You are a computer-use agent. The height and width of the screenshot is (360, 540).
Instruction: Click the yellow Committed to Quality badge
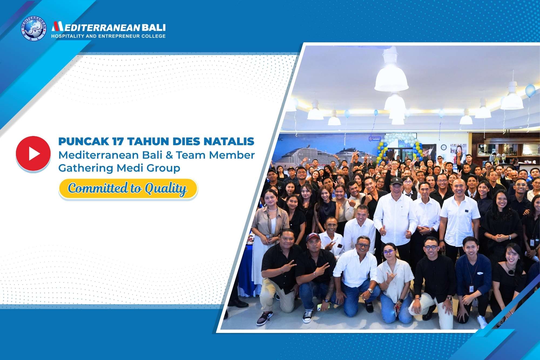click(128, 189)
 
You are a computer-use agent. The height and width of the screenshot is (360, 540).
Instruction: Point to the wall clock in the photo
click(444, 147)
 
